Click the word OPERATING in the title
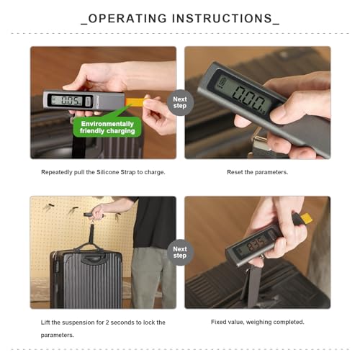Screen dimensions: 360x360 (x=127, y=19)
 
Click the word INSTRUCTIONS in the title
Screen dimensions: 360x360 (x=222, y=19)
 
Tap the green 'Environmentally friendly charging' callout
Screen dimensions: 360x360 (x=107, y=127)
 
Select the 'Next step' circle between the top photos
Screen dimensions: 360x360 (x=180, y=102)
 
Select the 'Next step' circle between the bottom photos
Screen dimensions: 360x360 (x=180, y=252)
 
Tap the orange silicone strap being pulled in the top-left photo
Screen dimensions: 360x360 (x=135, y=102)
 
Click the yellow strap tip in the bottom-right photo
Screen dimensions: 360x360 (x=306, y=218)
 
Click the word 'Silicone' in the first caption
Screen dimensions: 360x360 (x=107, y=172)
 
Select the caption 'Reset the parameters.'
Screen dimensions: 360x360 (x=258, y=172)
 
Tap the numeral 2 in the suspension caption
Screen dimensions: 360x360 (x=107, y=323)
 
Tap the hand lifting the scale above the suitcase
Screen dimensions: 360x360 (x=99, y=212)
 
